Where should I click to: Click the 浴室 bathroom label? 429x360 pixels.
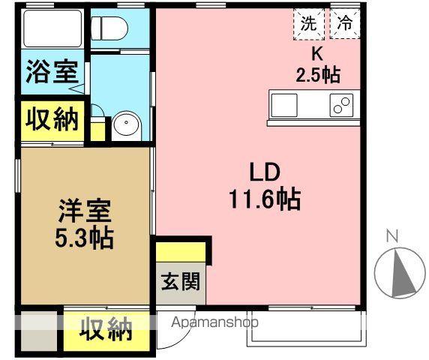click(x=52, y=73)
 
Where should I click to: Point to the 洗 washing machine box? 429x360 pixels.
click(x=308, y=23)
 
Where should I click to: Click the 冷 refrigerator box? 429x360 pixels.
click(x=344, y=23)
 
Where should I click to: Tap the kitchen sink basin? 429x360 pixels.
click(x=285, y=104)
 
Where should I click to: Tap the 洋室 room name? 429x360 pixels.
click(x=82, y=210)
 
